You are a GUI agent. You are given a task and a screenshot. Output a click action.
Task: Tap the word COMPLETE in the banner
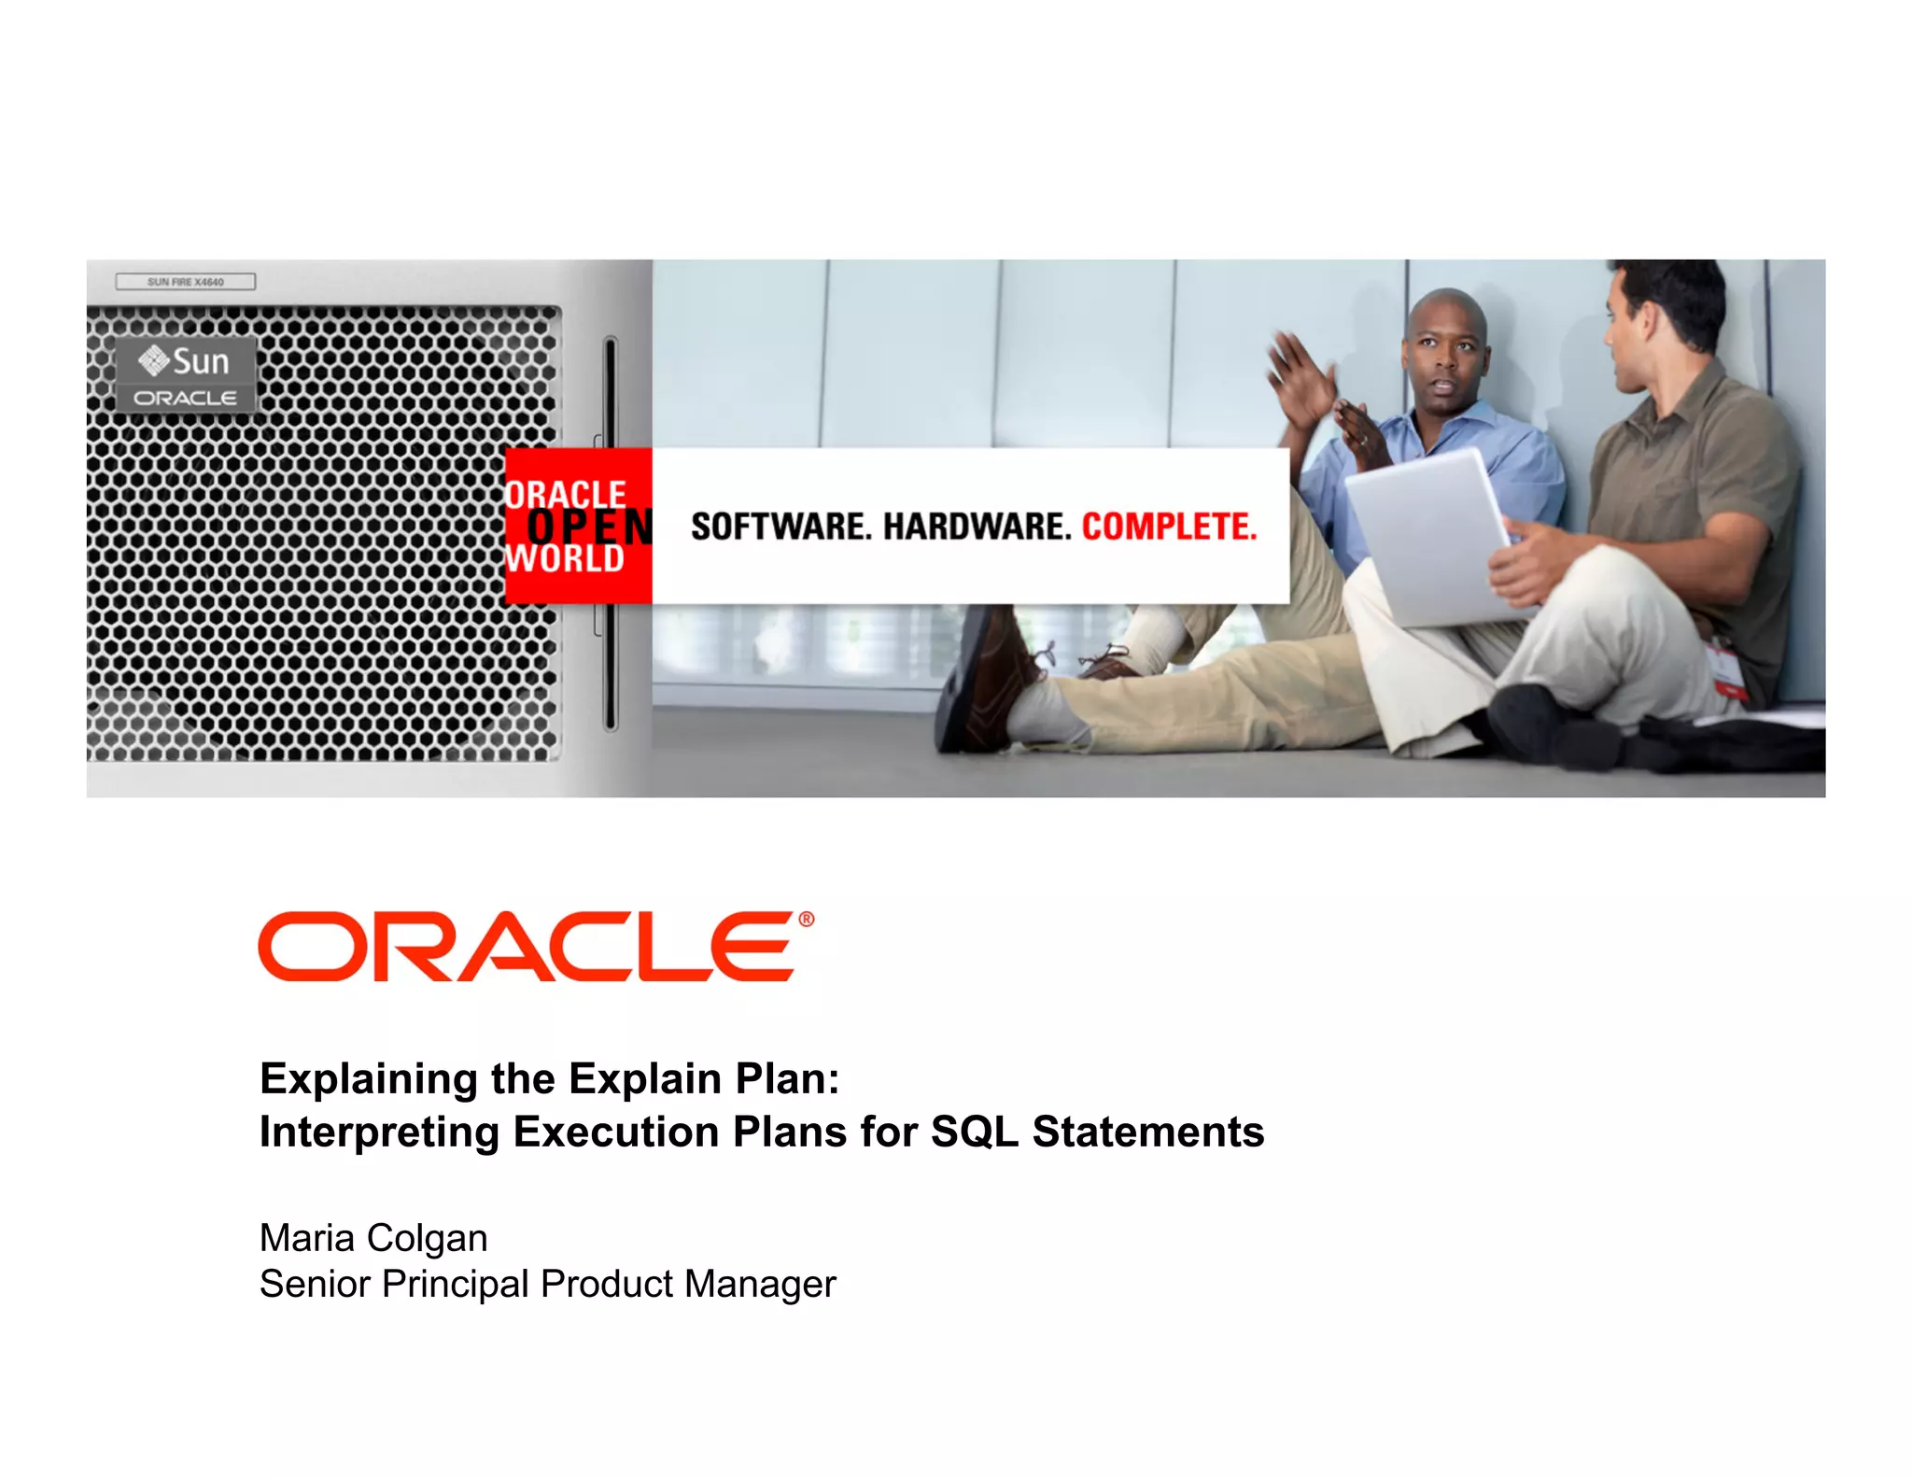tap(1169, 527)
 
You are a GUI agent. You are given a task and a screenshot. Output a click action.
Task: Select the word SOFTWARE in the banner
tap(780, 527)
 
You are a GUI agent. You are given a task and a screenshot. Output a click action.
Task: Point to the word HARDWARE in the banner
tap(977, 527)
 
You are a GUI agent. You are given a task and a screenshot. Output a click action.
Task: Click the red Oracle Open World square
tap(579, 526)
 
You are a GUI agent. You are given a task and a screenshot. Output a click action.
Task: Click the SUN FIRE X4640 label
tap(185, 282)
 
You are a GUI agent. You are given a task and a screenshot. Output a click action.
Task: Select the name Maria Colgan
tap(373, 1238)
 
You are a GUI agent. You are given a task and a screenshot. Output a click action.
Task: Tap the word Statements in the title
tap(1148, 1132)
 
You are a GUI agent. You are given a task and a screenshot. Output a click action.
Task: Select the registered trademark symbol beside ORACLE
tap(807, 920)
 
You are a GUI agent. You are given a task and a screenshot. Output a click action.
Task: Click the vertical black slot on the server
tap(611, 532)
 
